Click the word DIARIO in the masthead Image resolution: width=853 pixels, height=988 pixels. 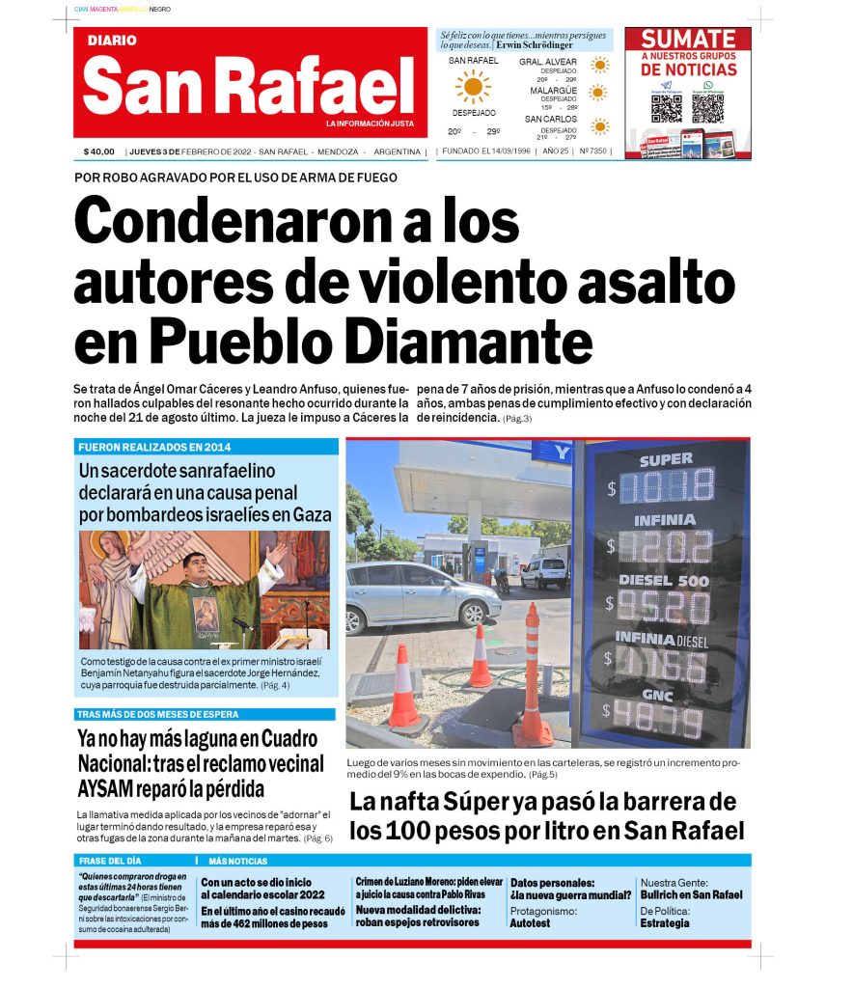click(x=112, y=41)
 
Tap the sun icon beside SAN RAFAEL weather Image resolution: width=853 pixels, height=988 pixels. click(x=473, y=87)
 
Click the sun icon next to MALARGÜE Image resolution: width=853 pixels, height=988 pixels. click(x=599, y=94)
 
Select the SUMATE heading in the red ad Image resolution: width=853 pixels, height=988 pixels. click(x=688, y=40)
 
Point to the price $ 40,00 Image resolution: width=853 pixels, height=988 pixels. click(x=99, y=151)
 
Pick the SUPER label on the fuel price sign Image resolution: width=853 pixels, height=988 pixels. click(x=666, y=460)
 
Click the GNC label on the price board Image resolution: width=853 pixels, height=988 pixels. click(x=665, y=696)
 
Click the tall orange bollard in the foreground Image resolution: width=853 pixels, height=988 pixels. click(x=532, y=675)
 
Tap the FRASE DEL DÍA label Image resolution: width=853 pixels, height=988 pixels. click(x=110, y=861)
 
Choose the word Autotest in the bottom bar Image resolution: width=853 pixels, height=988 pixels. click(x=530, y=923)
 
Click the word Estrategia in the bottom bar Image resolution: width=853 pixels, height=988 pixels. click(x=665, y=923)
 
